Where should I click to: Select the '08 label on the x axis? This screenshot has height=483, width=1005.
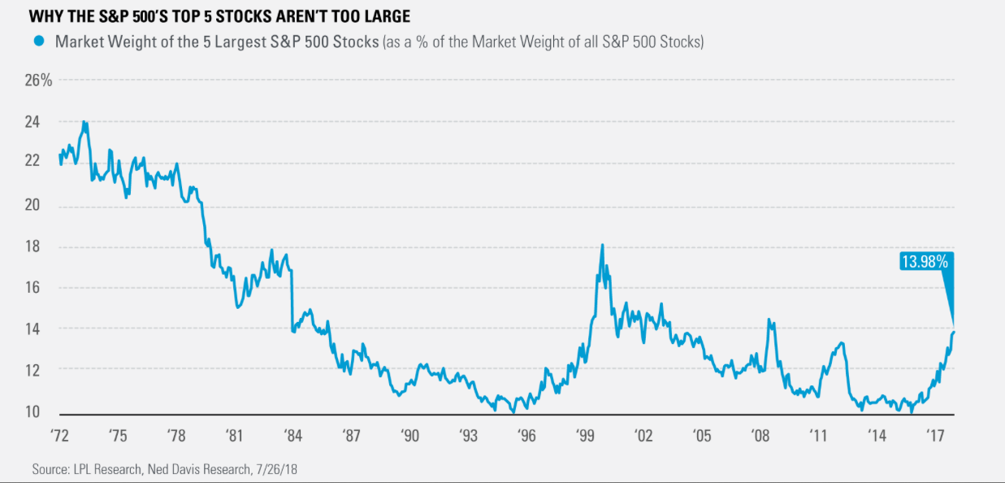759,436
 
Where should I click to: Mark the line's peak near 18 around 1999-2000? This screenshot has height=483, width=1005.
601,245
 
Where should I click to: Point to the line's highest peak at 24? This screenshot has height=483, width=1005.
84,122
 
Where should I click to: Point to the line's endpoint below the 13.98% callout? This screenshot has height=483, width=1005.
954,331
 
